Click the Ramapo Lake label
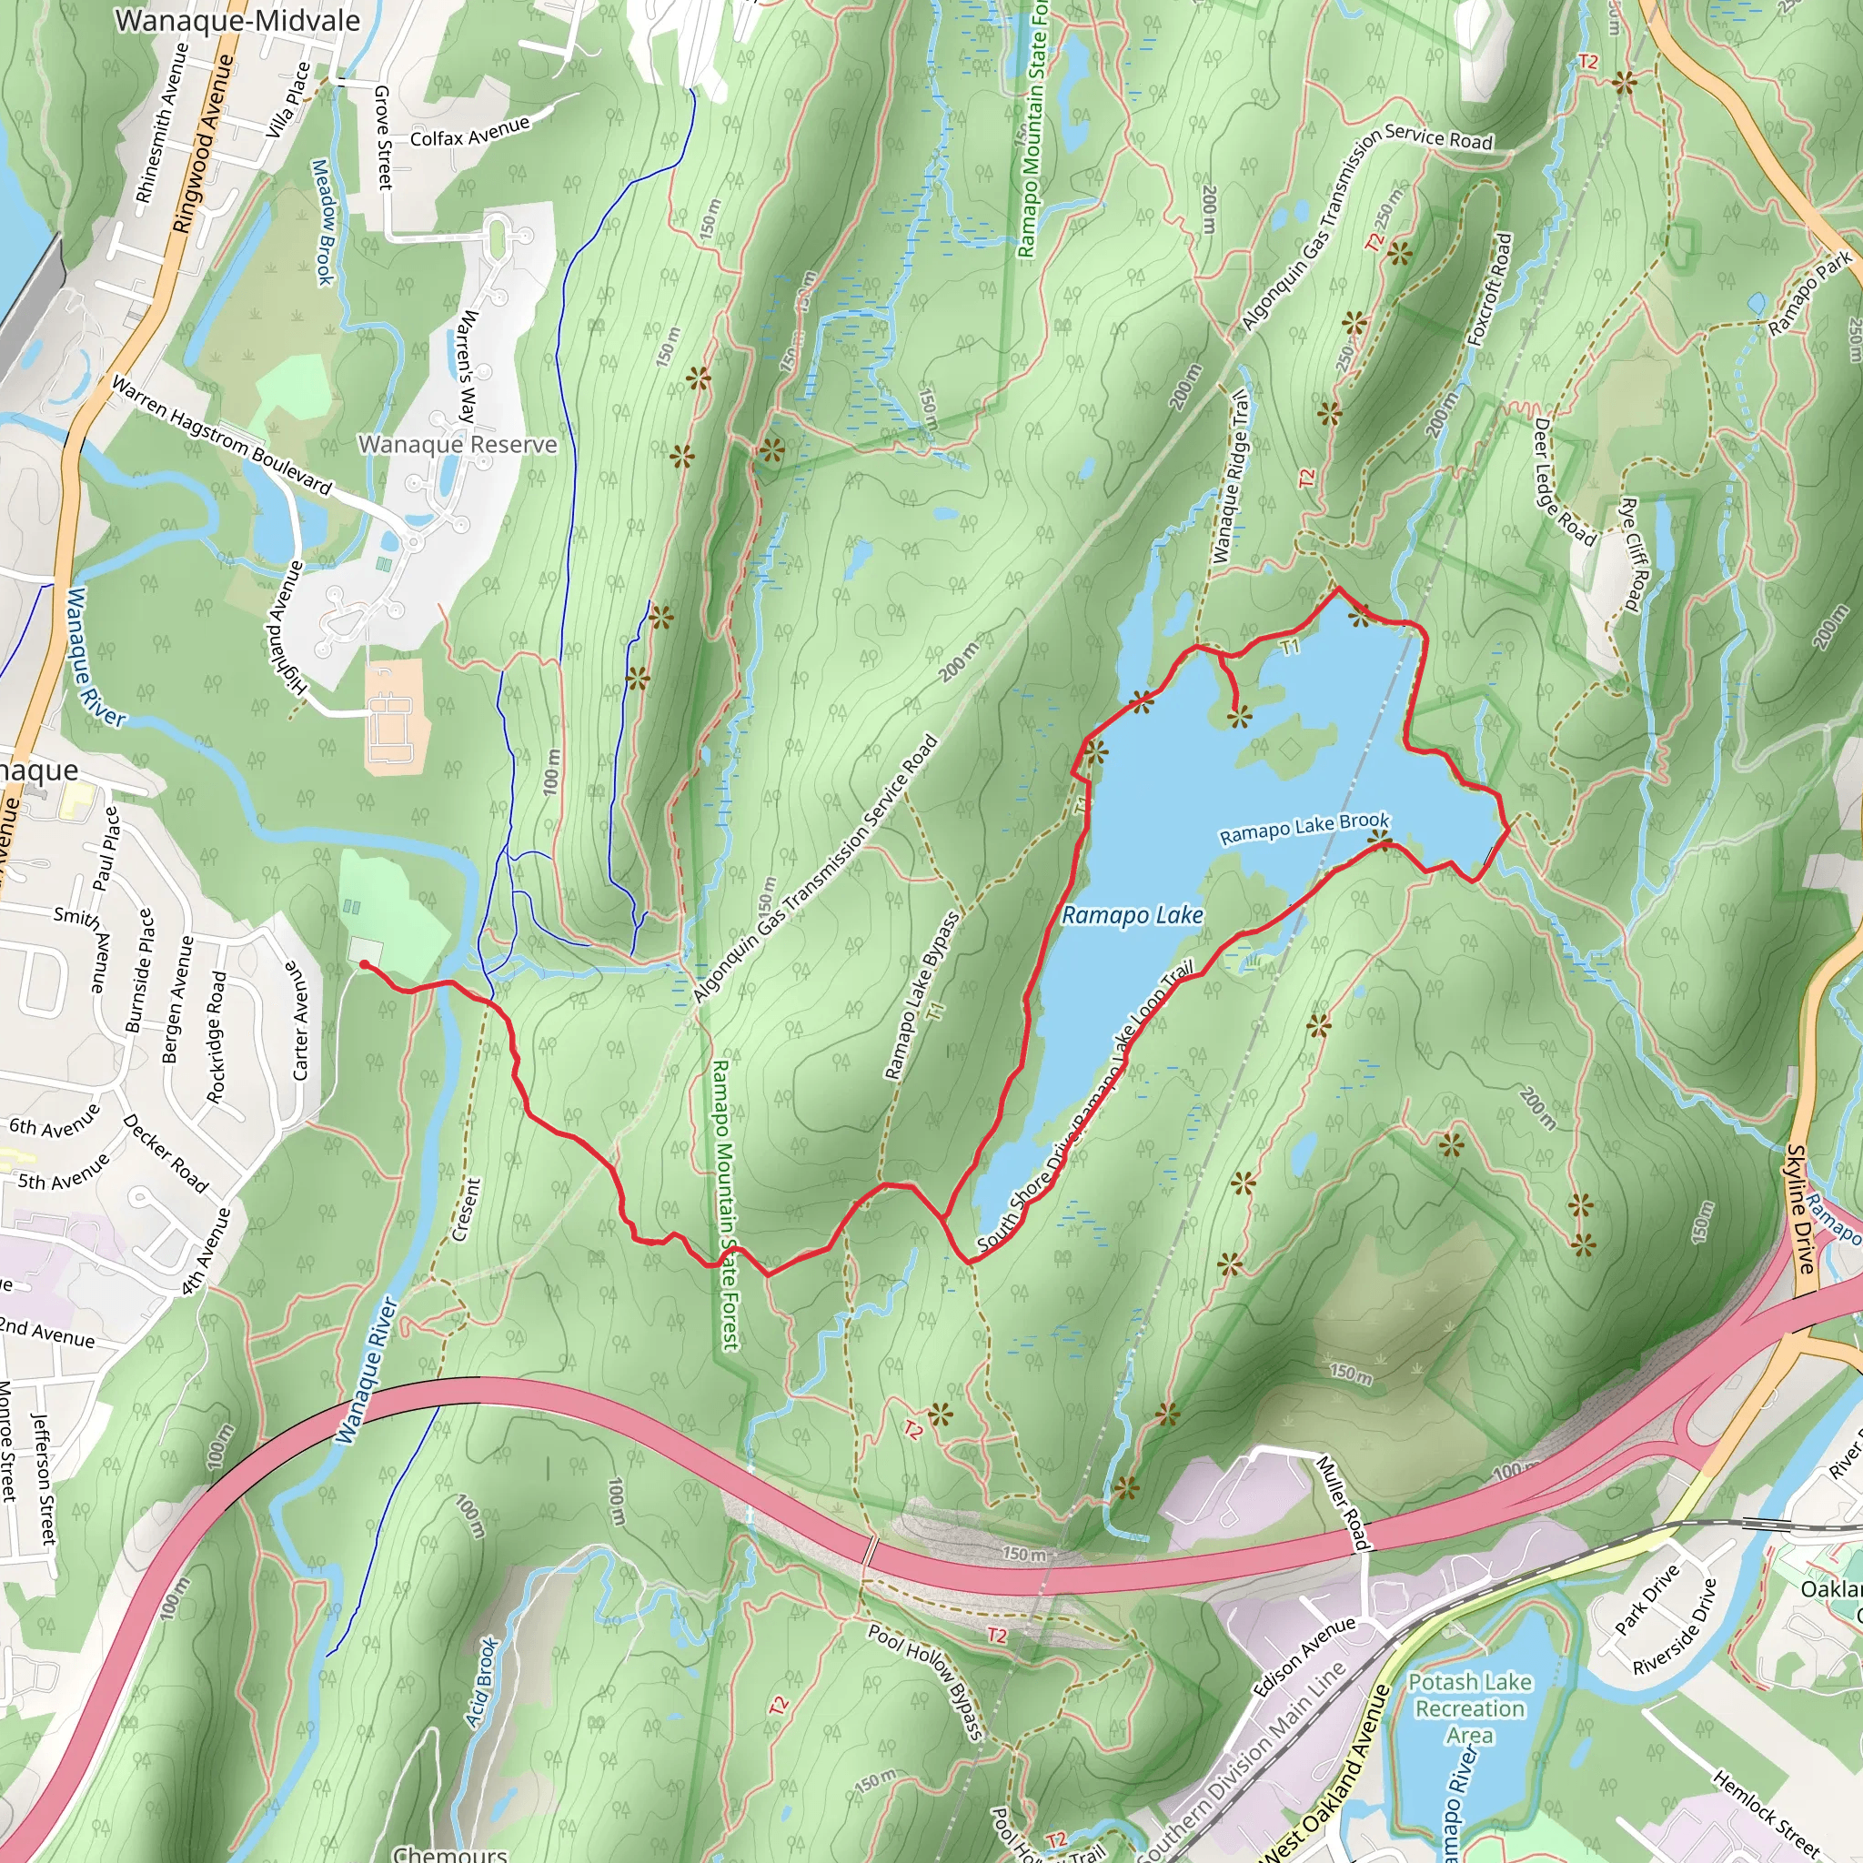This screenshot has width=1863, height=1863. point(1132,914)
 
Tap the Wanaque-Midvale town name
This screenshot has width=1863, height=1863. point(237,21)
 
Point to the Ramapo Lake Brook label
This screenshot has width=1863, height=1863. point(1304,829)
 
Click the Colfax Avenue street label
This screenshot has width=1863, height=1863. point(469,132)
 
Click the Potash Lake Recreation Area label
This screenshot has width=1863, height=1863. point(1470,1708)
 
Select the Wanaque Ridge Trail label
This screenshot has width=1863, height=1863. point(1230,477)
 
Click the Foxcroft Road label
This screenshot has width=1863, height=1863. point(1490,289)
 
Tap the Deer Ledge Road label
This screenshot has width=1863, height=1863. point(1563,480)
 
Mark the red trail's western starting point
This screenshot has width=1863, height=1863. point(364,964)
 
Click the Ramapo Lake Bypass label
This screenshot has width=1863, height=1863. point(922,995)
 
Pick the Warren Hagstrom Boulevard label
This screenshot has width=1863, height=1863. point(222,435)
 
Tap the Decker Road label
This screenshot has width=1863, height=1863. point(166,1153)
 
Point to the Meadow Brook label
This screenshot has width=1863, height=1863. point(323,222)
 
